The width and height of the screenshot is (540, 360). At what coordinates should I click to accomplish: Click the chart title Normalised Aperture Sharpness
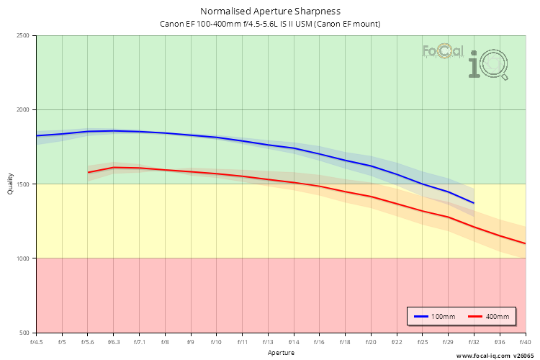point(270,11)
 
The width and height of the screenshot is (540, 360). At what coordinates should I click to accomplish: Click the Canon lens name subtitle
point(270,24)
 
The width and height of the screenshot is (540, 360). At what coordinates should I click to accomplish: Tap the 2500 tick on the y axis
point(24,35)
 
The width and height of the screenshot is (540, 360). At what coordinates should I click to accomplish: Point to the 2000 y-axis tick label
point(24,109)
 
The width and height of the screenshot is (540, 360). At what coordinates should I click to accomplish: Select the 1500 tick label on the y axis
point(24,184)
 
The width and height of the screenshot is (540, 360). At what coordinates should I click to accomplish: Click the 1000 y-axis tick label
point(24,258)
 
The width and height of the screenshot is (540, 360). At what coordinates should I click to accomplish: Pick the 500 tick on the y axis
point(25,332)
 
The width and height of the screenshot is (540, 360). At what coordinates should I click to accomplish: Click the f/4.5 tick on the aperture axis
point(36,341)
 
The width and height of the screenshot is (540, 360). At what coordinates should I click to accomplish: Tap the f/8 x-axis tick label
point(165,341)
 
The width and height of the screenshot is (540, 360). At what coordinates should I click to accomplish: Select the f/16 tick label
point(319,341)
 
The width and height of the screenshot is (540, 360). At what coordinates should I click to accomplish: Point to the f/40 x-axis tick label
point(525,341)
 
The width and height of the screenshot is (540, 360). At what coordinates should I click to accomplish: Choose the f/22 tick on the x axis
point(397,341)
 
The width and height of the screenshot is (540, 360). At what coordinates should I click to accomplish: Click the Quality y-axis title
point(10,184)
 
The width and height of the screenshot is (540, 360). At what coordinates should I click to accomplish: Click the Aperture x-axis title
point(281,352)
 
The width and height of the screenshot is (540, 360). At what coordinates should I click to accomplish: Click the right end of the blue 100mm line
point(473,203)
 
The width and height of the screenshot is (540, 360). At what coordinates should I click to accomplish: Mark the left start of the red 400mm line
point(89,172)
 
